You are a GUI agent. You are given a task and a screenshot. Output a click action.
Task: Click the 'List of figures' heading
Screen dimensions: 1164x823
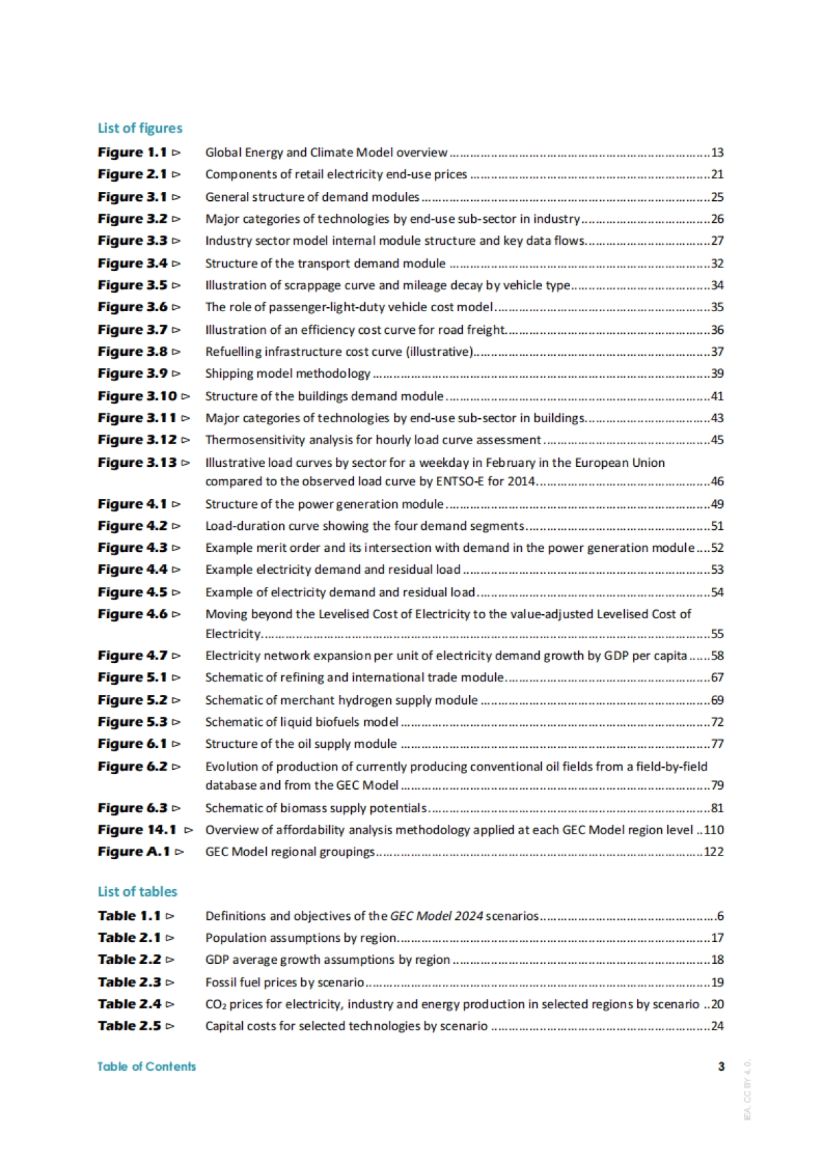140,128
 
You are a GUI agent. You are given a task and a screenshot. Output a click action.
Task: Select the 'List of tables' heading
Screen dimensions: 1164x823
137,891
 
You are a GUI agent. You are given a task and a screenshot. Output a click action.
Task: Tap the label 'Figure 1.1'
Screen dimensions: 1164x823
132,152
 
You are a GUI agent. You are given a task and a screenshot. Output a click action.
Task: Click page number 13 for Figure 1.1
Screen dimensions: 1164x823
717,152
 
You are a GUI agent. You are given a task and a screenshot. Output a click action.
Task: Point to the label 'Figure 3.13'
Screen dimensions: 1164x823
137,462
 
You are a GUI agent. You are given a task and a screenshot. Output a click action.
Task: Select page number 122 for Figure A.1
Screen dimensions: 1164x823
714,851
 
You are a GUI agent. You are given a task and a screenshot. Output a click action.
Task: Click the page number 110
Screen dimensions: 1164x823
714,829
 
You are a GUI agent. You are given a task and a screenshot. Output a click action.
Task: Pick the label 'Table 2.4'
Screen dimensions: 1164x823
130,1004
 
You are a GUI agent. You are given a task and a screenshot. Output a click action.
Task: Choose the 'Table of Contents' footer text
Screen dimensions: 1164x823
146,1066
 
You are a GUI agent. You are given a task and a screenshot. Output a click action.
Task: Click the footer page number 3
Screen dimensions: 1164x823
721,1066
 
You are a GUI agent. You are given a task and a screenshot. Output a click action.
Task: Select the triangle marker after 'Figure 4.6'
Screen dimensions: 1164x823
176,614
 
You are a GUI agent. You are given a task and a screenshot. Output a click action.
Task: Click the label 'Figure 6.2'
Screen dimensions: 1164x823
132,766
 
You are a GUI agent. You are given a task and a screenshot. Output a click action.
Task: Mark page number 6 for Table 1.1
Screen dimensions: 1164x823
720,916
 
